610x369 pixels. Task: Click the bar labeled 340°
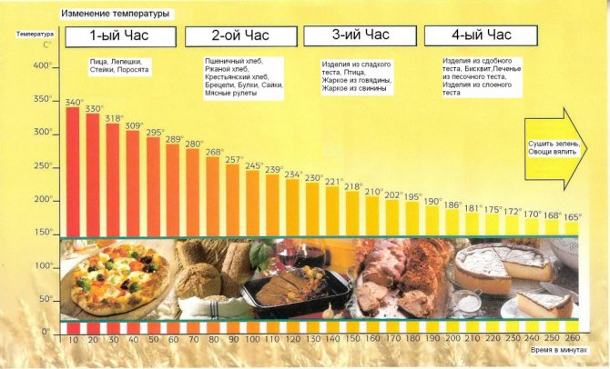tap(72, 173)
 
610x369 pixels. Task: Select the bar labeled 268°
tap(213, 195)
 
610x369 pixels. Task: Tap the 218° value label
tap(352, 186)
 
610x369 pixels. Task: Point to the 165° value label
tap(572, 216)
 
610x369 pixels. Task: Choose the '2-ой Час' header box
tap(241, 35)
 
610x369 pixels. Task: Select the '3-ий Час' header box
tap(360, 35)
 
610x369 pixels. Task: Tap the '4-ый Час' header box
tap(482, 35)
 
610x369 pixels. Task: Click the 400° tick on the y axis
tap(42, 66)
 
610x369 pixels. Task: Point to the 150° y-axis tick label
tap(42, 233)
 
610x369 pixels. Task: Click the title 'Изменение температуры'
tap(115, 15)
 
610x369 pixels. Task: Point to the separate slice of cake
tap(544, 303)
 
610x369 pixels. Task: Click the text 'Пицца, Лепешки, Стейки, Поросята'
tap(120, 66)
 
